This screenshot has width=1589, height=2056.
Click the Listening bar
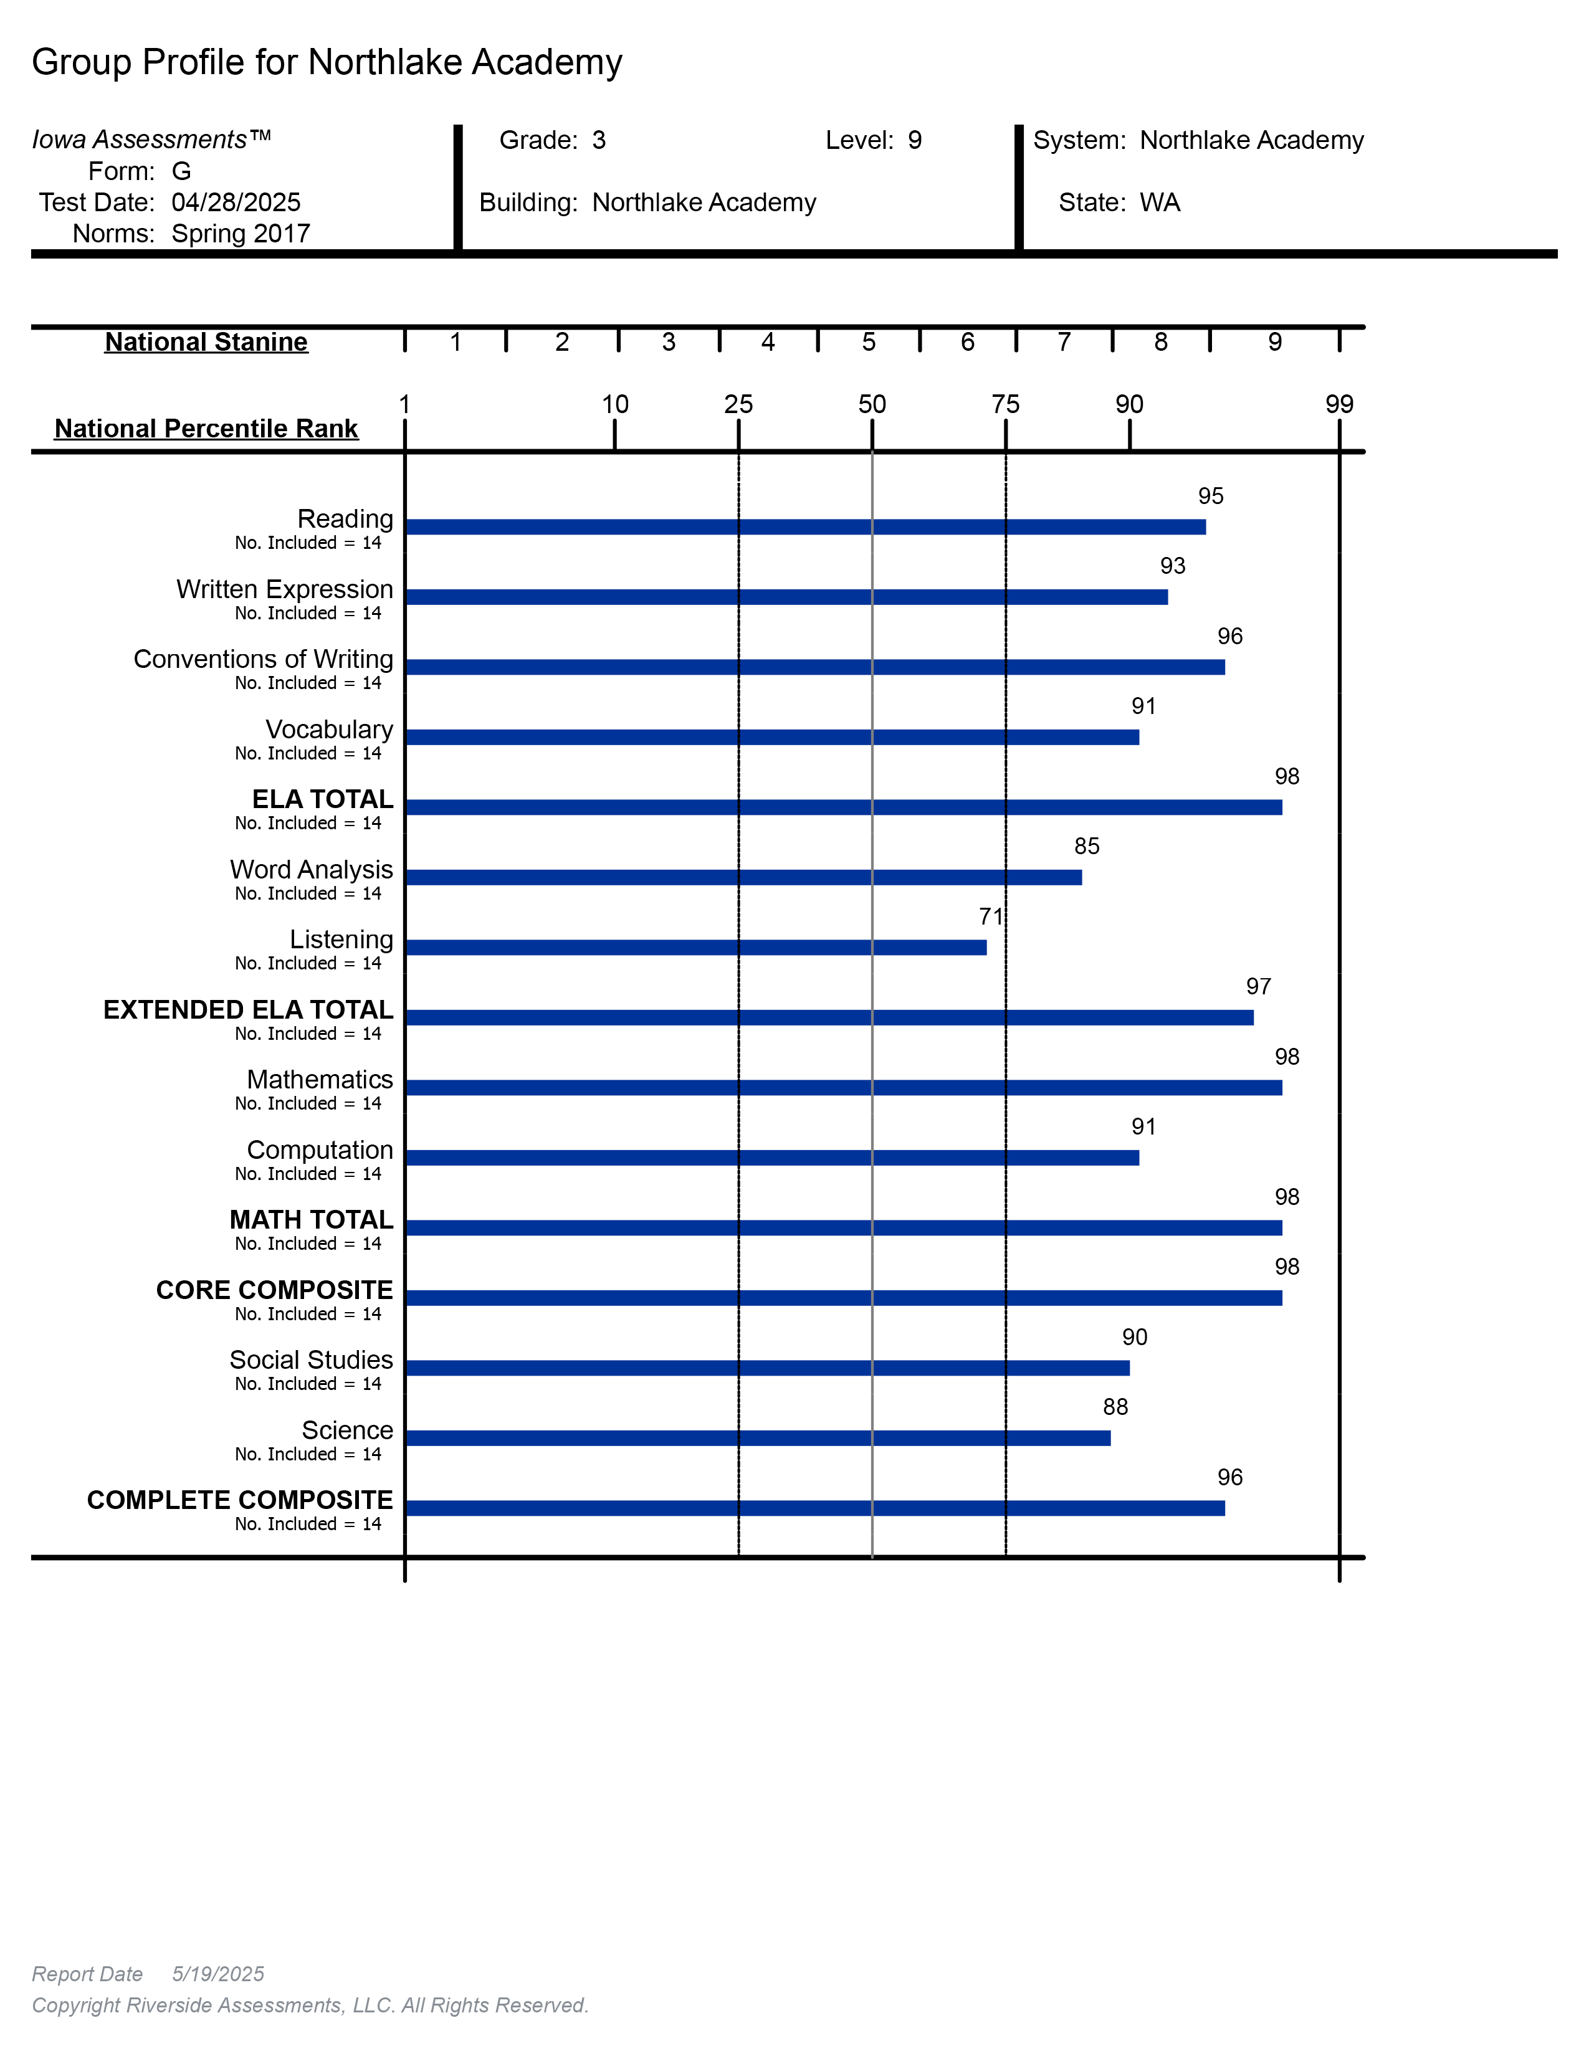pos(695,947)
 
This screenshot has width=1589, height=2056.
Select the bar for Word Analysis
pos(743,877)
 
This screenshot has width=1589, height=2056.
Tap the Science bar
pos(757,1437)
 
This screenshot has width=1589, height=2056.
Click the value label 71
pos(990,916)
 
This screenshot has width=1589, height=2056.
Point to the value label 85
pos(1086,846)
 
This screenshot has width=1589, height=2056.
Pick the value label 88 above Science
pos(1115,1406)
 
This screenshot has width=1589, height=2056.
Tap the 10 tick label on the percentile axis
pos(614,405)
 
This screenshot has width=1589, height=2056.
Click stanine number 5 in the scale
pos(868,341)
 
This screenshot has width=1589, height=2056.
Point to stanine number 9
pos(1274,341)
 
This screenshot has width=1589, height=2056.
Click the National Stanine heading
pos(206,341)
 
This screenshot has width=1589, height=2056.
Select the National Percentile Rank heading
pos(206,429)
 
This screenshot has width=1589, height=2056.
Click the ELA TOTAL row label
pos(322,799)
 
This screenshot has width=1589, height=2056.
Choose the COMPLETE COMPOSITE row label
pos(239,1500)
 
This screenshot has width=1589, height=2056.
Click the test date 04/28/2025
pos(236,202)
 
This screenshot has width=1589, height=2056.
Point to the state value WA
pos(1159,202)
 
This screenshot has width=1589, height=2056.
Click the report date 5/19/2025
pos(217,1974)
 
